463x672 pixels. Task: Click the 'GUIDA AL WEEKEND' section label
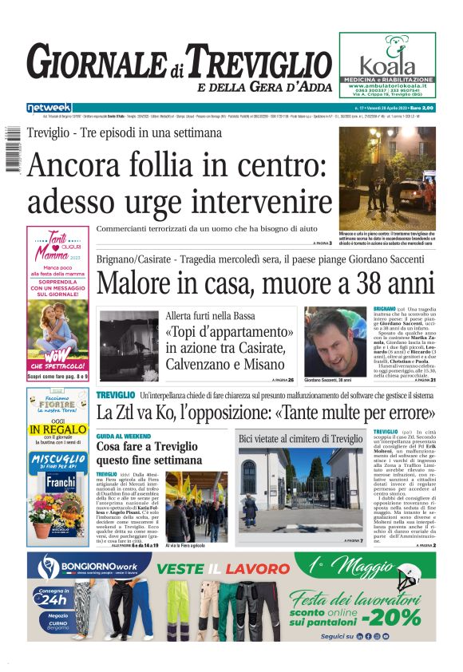pos(124,437)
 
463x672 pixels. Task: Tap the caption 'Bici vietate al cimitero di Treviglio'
pos(299,439)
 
